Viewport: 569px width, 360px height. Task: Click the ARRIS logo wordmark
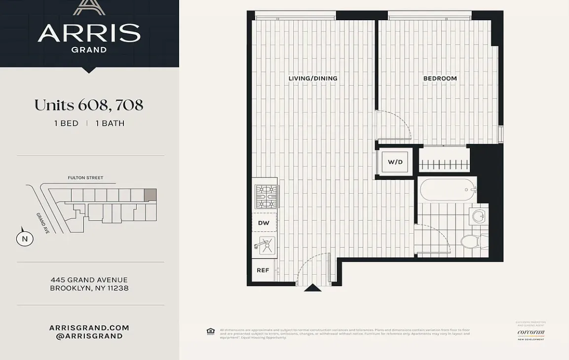point(89,33)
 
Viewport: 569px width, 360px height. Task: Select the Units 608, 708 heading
point(89,105)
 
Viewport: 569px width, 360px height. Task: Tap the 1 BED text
point(66,123)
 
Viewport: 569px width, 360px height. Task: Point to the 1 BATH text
point(110,123)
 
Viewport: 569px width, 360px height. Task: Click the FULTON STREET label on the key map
point(85,178)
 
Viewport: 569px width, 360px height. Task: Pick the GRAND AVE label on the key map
point(42,223)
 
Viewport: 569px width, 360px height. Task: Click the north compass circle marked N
point(25,239)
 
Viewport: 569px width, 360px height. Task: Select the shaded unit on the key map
point(150,195)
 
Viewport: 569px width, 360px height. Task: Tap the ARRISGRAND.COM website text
point(89,327)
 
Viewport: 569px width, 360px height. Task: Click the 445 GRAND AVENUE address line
point(89,280)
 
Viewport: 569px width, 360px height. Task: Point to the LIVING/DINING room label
point(313,78)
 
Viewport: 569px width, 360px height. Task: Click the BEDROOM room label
point(440,78)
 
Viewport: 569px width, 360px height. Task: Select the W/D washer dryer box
point(395,162)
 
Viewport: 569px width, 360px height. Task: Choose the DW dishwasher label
point(264,223)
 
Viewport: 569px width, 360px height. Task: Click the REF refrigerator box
point(263,270)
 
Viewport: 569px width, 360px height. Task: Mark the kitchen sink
point(265,245)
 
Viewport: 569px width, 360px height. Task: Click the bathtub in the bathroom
point(447,189)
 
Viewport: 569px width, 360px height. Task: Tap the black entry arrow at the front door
point(312,288)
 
